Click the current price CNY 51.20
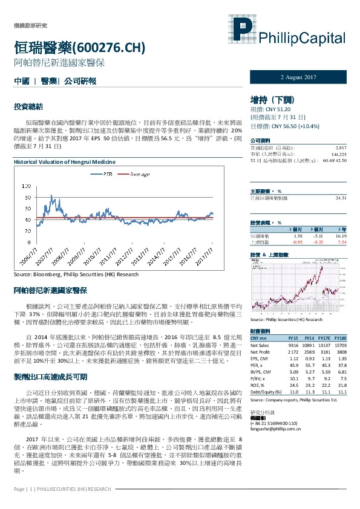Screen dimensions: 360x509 pos(270,111)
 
